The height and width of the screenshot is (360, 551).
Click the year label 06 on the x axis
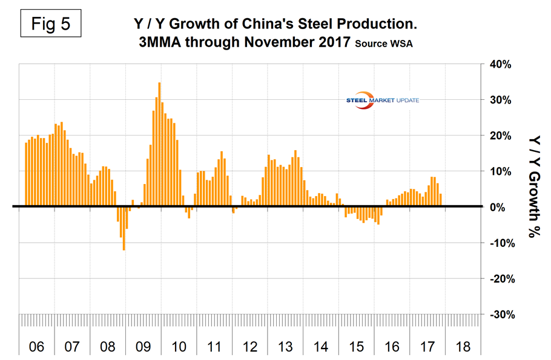point(36,347)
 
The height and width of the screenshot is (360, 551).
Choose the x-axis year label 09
point(144,347)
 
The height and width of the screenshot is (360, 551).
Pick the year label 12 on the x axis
point(251,347)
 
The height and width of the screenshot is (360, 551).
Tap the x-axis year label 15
point(357,347)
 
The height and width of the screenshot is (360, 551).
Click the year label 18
point(464,347)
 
